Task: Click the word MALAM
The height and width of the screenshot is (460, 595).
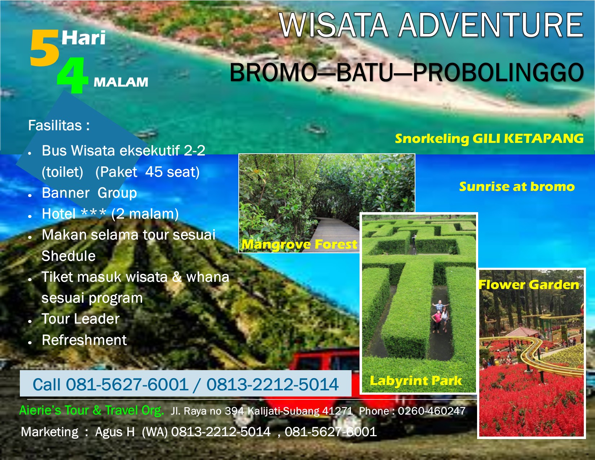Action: pos(121,82)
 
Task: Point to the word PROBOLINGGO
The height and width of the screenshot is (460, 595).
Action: pos(498,72)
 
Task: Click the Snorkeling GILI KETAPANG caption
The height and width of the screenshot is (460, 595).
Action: pos(489,138)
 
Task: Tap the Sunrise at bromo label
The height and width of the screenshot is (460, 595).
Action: pos(517,187)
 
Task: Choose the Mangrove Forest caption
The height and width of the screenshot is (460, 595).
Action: pos(299,244)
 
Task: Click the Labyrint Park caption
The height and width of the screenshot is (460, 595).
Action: pos(415,381)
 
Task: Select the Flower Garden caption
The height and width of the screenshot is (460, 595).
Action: pos(529,285)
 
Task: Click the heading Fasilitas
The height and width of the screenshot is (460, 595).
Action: pos(59,126)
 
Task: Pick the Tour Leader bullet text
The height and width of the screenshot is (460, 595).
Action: pos(80,319)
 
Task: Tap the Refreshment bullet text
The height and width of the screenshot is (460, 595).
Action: pos(84,340)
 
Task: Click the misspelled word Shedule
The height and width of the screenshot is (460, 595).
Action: pos(69,256)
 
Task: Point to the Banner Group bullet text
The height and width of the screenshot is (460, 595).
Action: pos(89,193)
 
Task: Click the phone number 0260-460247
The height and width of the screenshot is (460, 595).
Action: pos(432,411)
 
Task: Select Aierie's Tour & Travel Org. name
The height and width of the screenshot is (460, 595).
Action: pos(92,411)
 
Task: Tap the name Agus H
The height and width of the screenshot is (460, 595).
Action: pos(115,432)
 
